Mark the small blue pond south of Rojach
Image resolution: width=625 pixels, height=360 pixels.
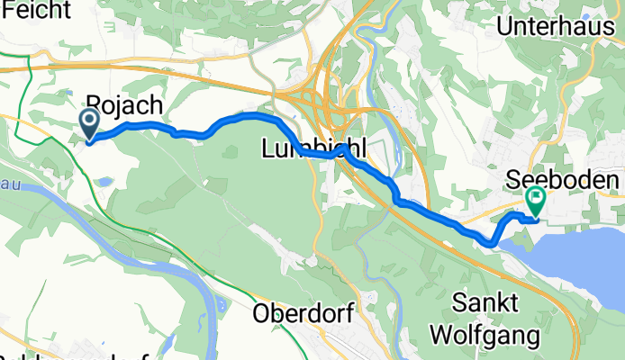click(x=104, y=183)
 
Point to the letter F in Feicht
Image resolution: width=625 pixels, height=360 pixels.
click(x=7, y=8)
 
